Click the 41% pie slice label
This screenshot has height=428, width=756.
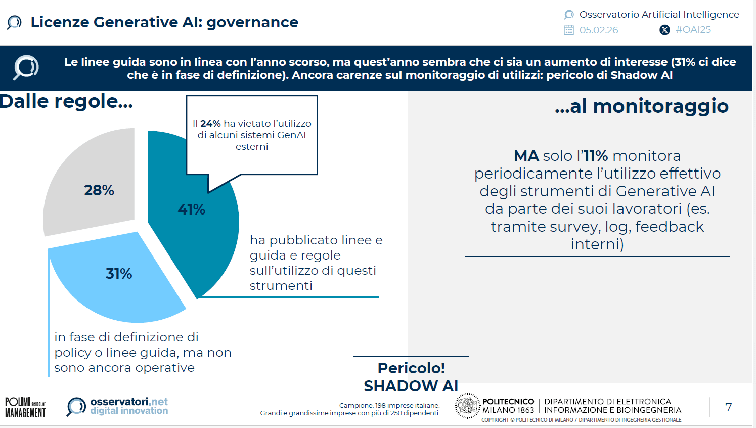[x=191, y=209]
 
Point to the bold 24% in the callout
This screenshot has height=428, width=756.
[x=210, y=123]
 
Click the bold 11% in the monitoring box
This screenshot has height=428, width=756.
[x=596, y=156]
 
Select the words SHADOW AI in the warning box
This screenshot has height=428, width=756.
[x=411, y=386]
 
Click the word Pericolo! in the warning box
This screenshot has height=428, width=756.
[x=411, y=368]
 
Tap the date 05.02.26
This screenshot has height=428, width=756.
[x=599, y=30]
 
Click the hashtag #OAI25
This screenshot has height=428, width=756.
[x=693, y=30]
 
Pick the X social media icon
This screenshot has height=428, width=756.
[x=664, y=30]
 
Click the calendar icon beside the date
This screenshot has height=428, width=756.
[x=569, y=30]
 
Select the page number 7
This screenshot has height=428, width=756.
[x=728, y=407]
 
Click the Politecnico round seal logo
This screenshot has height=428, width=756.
[x=467, y=406]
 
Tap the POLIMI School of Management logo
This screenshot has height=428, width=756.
[x=25, y=407]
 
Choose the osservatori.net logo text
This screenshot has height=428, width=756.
[x=129, y=406]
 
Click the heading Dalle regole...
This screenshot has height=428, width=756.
[x=66, y=102]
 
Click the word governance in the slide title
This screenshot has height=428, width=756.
[x=252, y=22]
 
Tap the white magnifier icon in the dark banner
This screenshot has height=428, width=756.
[x=26, y=67]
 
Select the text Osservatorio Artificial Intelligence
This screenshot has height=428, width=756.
[x=659, y=15]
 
